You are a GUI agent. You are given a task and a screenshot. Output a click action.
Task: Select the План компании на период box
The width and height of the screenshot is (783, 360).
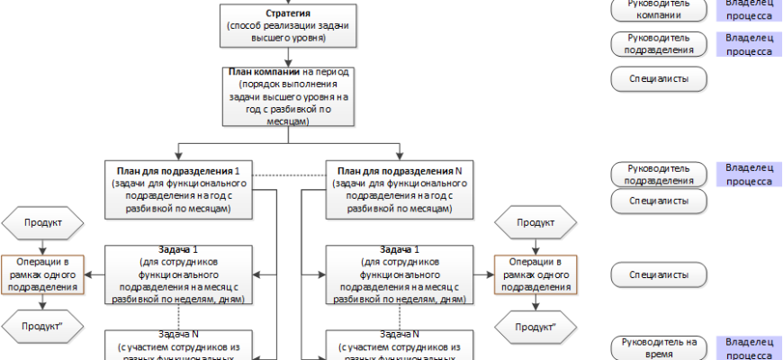click(x=288, y=96)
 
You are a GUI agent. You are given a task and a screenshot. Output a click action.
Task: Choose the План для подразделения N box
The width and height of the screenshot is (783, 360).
click(x=398, y=190)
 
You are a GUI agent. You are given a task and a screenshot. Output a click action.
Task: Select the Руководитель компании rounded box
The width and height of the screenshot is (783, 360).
click(x=658, y=9)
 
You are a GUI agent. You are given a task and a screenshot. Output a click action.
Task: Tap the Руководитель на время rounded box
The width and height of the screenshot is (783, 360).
click(x=658, y=347)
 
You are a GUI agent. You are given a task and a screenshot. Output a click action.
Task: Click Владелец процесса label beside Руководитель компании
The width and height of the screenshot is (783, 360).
click(x=749, y=9)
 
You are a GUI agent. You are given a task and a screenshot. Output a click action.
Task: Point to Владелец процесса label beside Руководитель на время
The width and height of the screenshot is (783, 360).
click(x=749, y=347)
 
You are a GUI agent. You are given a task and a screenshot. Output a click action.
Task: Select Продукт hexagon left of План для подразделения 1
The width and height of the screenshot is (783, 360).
click(x=42, y=222)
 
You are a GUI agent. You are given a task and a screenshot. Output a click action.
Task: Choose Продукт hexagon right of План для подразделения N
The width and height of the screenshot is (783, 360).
click(x=535, y=222)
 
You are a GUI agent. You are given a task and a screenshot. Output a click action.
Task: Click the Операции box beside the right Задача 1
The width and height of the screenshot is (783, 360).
click(x=535, y=274)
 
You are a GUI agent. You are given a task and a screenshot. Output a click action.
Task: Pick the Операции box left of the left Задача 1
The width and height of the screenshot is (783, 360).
click(x=42, y=274)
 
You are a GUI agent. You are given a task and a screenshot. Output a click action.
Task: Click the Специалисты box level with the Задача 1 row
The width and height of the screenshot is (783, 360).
click(x=658, y=274)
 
